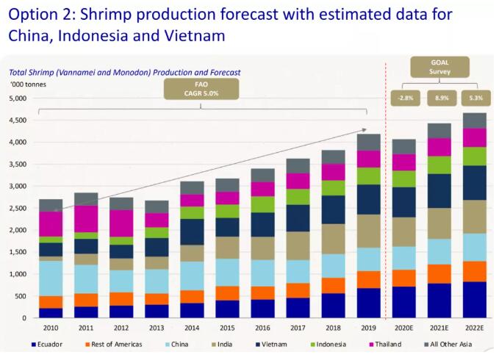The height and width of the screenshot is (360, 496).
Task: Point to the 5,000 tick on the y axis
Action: pos(18,98)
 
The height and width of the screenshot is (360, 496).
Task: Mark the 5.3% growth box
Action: pos(474,97)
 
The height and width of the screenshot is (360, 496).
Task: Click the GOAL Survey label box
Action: pos(440,68)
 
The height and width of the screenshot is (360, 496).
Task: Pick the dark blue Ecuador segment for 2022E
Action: pos(475,300)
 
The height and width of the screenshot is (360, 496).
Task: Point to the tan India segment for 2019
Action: pos(369,231)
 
